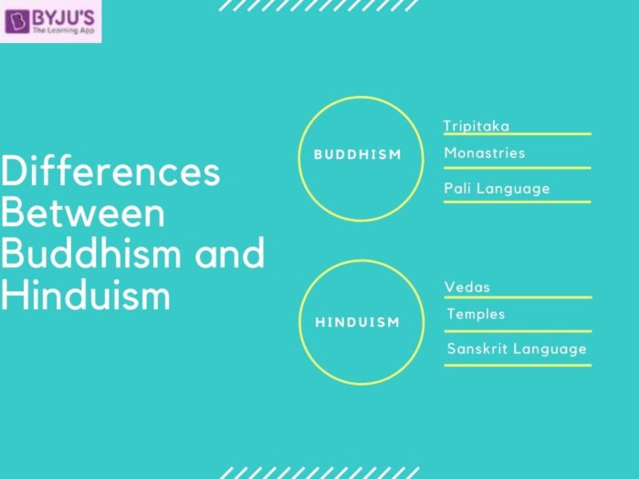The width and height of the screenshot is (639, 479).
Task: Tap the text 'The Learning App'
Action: tap(63, 29)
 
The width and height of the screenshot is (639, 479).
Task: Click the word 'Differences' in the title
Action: tap(110, 172)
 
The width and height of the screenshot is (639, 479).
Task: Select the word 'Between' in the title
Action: tap(83, 213)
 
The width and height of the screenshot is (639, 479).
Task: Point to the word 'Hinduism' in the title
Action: tap(86, 294)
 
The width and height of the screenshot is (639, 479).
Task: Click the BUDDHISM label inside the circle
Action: tap(358, 154)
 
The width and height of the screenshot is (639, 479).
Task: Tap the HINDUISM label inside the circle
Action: tap(358, 322)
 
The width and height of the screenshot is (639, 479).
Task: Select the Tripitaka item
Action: tap(477, 126)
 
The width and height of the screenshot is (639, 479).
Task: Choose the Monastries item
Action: tap(485, 153)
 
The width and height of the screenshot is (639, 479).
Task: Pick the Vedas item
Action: tap(467, 287)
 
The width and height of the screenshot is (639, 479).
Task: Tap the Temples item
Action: tap(476, 315)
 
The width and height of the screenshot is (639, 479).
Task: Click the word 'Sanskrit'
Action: tap(477, 349)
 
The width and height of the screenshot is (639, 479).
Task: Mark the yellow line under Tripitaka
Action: tap(517, 135)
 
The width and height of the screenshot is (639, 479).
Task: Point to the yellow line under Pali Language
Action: tap(517, 202)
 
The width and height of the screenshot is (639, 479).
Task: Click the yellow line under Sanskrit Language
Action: tap(517, 365)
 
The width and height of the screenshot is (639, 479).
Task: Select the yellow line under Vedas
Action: tap(517, 297)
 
